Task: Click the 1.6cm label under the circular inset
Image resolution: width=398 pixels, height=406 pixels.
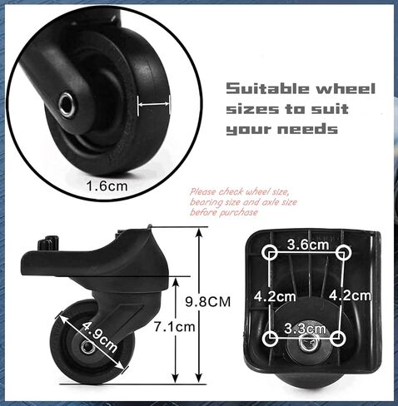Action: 107,186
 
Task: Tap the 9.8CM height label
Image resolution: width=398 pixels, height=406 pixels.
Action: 208,302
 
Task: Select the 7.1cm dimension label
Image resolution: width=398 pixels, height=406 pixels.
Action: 175,327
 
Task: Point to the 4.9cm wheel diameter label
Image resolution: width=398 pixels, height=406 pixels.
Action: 99,336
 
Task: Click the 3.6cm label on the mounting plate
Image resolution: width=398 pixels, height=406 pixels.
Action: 308,245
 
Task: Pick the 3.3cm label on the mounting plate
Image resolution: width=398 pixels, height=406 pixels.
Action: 305,329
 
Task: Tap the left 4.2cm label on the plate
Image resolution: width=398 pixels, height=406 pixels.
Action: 275,297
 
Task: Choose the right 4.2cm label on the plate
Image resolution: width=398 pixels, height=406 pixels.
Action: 350,295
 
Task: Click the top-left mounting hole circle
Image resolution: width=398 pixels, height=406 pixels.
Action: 269,253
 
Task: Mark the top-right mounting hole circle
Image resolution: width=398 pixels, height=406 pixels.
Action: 344,253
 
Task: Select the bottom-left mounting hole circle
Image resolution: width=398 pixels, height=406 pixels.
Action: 270,338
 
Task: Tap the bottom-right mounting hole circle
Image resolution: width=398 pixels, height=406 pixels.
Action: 338,339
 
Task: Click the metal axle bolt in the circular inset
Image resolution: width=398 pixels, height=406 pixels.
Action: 67,105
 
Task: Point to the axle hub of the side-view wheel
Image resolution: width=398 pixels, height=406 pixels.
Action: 87,346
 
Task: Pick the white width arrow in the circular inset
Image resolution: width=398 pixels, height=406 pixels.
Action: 153,104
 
